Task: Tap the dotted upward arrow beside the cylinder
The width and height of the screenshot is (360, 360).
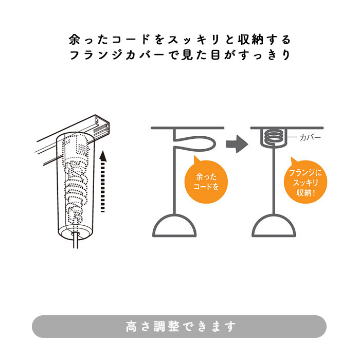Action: (x=103, y=180)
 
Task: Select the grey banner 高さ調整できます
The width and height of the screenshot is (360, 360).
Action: (x=179, y=326)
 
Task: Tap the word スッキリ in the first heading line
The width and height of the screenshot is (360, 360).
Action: (x=194, y=40)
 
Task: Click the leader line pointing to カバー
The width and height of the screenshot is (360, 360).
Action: (x=293, y=138)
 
